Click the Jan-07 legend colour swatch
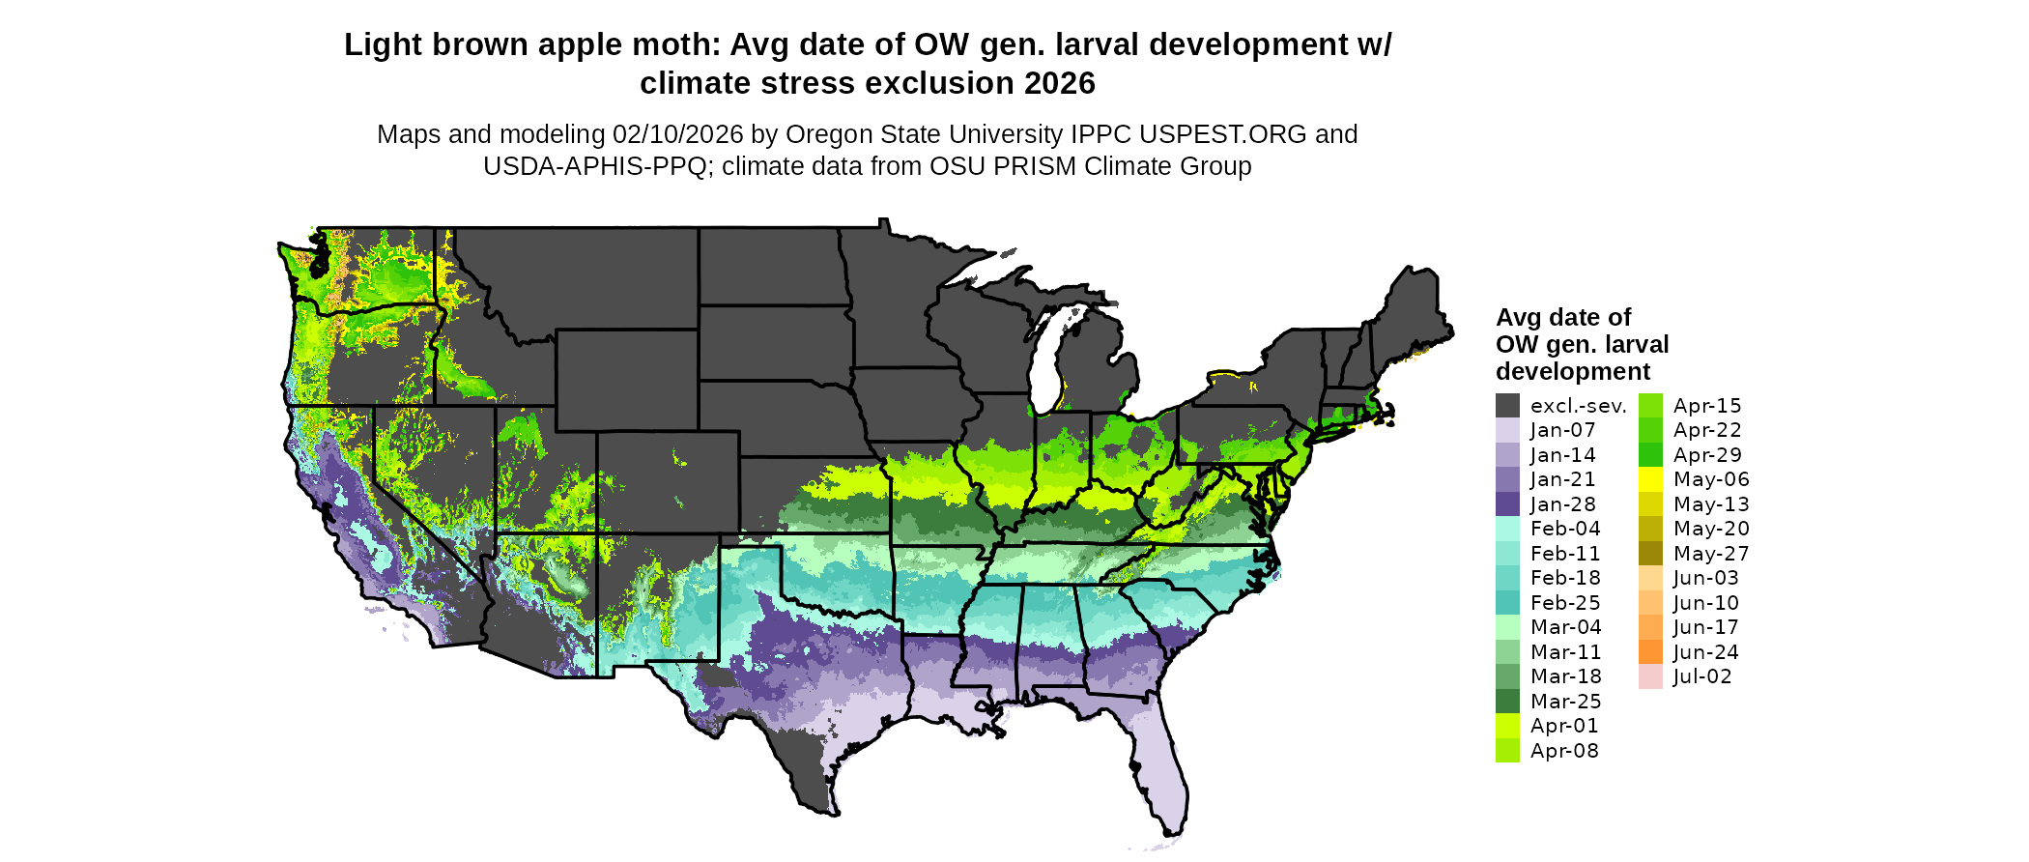(x=1507, y=430)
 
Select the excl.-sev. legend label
(x=1578, y=406)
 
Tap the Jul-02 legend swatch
(x=1650, y=676)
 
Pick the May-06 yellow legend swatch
(x=1650, y=479)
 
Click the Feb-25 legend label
(x=1565, y=603)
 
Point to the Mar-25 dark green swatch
(x=1507, y=702)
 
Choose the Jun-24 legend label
(x=1706, y=652)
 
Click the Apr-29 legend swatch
(x=1650, y=455)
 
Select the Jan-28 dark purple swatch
(x=1507, y=504)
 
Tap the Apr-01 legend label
(x=1564, y=726)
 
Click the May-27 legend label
(x=1711, y=554)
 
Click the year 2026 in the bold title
(x=1059, y=84)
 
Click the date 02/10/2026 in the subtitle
(x=677, y=134)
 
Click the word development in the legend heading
(x=1572, y=372)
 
